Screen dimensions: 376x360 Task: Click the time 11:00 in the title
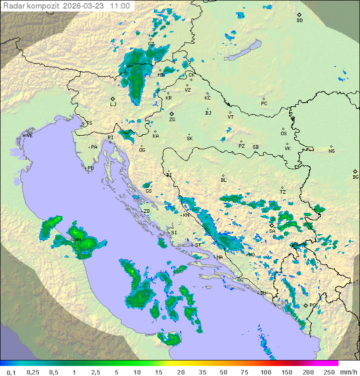[x=120, y=6]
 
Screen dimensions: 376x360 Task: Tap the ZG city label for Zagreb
[x=172, y=120]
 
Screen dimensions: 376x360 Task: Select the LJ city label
[x=113, y=105]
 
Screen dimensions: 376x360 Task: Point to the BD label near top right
[x=299, y=21]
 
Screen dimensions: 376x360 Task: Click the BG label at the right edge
[x=355, y=177]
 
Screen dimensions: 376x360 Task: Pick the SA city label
[x=272, y=231]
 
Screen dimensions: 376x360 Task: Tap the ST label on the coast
[x=198, y=245]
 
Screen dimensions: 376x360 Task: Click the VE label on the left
[x=29, y=136]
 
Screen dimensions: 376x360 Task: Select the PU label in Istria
[x=90, y=168]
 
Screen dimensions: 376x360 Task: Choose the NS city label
[x=331, y=151]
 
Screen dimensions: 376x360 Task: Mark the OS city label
[x=283, y=134]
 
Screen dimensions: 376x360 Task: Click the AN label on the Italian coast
[x=77, y=240]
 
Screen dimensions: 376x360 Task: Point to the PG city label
[x=313, y=305]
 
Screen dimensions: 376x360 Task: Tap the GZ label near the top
[x=151, y=44]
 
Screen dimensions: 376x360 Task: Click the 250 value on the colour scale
[x=329, y=372]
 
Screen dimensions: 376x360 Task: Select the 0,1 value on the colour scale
[x=10, y=372]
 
